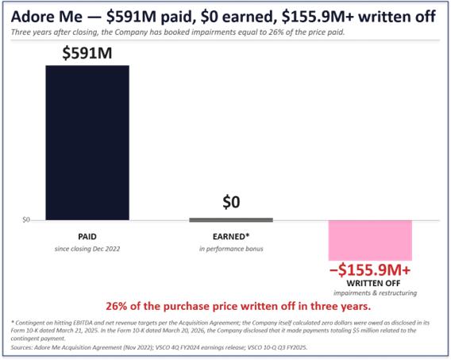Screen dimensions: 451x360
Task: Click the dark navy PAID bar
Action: click(x=87, y=143)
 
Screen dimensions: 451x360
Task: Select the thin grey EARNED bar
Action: click(x=231, y=220)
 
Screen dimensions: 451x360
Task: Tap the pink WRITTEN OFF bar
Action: click(x=370, y=241)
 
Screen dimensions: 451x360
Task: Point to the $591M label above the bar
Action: click(x=87, y=53)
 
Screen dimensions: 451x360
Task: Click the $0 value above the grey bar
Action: click(x=231, y=202)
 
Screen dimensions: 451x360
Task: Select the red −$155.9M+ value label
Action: click(x=370, y=270)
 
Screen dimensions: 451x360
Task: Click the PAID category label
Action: click(x=87, y=237)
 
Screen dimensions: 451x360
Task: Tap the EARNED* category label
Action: click(x=231, y=237)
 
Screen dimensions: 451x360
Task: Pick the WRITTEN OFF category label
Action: click(x=373, y=283)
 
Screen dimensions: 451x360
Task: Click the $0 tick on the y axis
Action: click(x=26, y=220)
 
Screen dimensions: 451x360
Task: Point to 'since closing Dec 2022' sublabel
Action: click(x=87, y=249)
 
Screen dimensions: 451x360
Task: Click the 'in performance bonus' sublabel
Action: click(x=231, y=249)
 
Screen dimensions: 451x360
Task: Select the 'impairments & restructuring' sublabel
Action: click(x=375, y=293)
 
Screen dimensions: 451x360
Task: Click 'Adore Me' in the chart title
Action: click(x=47, y=17)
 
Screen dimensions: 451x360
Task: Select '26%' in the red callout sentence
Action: click(x=116, y=306)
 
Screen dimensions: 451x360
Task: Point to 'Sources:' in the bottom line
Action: click(x=21, y=347)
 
